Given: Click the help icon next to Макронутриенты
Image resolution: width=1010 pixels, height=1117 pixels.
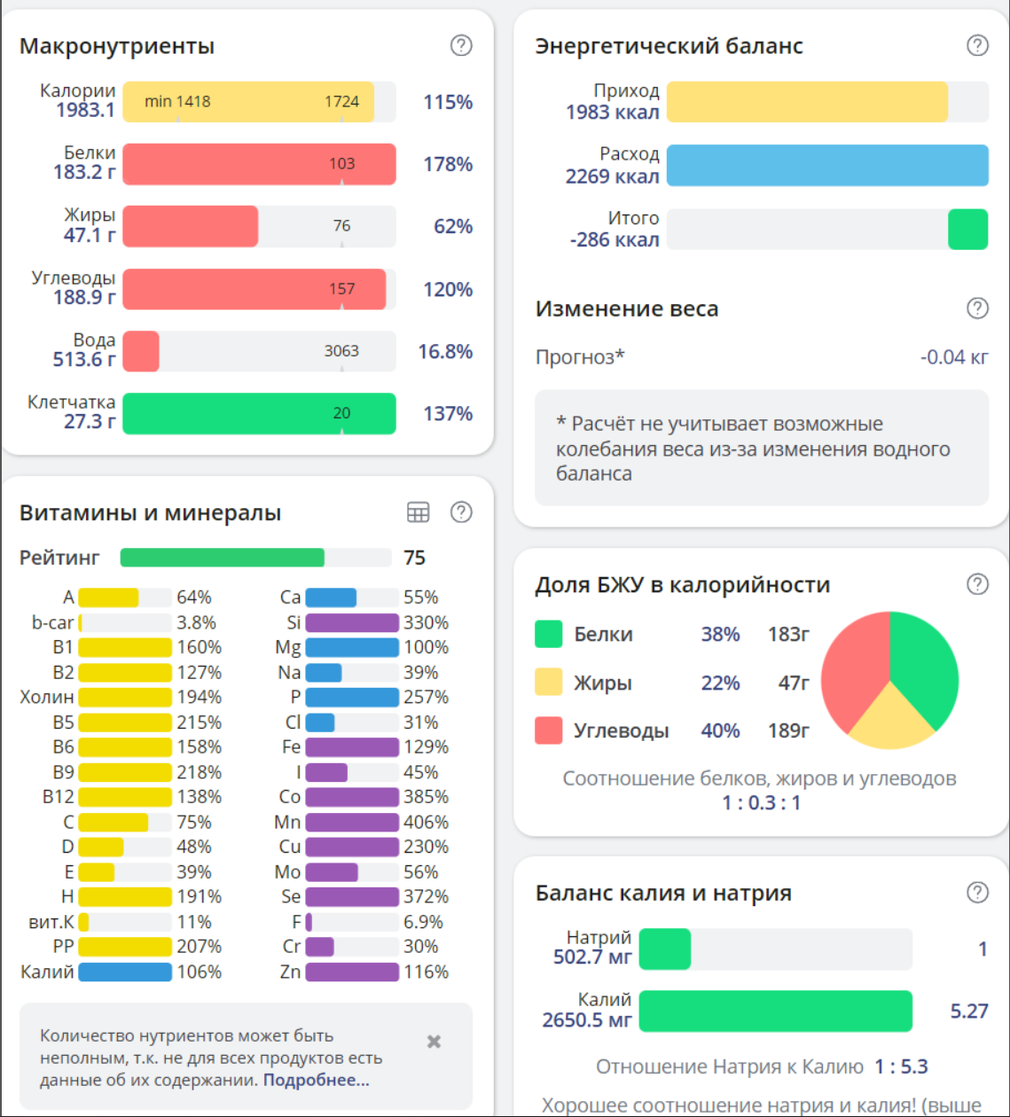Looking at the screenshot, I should (x=461, y=45).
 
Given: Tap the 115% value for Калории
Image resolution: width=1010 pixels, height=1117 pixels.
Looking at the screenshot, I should (x=448, y=102).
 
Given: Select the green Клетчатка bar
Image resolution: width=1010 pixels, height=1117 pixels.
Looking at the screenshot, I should (x=259, y=413).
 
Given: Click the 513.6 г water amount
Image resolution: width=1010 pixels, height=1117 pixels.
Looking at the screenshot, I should (x=84, y=359).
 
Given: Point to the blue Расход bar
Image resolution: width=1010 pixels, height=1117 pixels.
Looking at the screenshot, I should (x=826, y=165).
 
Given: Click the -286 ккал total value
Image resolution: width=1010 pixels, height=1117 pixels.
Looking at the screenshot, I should (x=615, y=239).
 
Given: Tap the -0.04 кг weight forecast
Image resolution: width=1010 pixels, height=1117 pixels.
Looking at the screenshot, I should (x=954, y=357).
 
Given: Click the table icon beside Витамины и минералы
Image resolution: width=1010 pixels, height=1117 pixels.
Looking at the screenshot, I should (x=418, y=512).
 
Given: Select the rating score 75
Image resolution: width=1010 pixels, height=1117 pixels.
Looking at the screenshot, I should (x=414, y=558).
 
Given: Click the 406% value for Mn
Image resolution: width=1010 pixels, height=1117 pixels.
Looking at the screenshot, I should (x=426, y=822).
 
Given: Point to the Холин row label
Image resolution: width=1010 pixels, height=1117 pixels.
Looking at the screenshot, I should (x=47, y=697).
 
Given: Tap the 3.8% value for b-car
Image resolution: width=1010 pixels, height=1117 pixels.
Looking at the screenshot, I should (x=196, y=622).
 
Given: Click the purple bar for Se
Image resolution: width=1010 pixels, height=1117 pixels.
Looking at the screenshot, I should (x=352, y=896).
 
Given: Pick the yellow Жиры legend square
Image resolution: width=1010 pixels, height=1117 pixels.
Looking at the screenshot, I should (x=549, y=683).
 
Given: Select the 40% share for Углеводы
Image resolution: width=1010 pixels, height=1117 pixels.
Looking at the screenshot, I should (x=720, y=730).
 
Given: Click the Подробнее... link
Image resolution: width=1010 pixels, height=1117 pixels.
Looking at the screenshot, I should (x=316, y=1080).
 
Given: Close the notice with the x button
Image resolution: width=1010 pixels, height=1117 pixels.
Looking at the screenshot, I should (x=434, y=1042).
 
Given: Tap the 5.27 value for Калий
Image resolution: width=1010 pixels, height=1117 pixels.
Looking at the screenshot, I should (x=968, y=1012).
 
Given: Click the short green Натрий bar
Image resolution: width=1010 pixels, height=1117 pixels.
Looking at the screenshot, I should (x=664, y=949).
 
